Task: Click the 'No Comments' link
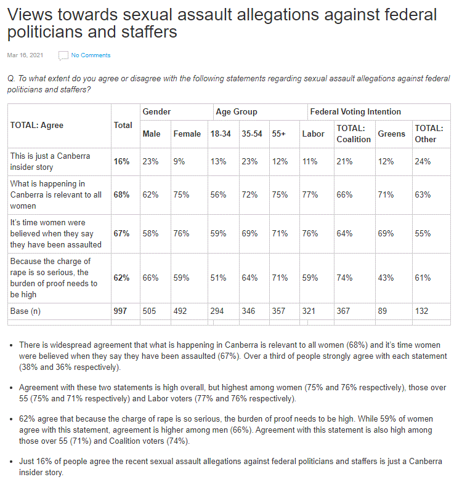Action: click(x=91, y=55)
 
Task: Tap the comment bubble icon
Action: click(x=63, y=56)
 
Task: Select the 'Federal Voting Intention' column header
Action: click(x=355, y=112)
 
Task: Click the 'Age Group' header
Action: click(x=237, y=112)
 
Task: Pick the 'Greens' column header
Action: click(x=391, y=134)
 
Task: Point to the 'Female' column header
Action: click(x=187, y=134)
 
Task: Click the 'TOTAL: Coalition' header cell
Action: click(x=353, y=134)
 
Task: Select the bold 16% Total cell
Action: click(x=121, y=161)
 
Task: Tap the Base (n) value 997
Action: click(x=120, y=311)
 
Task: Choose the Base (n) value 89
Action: click(x=383, y=311)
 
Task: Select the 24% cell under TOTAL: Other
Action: click(x=422, y=161)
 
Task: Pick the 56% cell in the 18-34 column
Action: click(x=218, y=194)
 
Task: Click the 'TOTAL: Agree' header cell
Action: click(x=37, y=125)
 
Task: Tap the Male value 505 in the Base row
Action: click(x=150, y=311)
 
